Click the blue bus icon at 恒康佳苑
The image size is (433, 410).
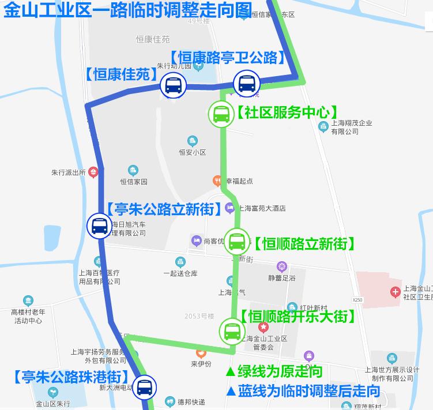coord(173,86)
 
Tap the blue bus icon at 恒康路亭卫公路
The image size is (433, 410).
coord(246,84)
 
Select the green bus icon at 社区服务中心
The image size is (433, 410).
coord(221,114)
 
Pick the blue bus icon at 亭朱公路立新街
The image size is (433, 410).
coord(99,225)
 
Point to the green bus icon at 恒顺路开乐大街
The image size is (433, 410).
coord(232,331)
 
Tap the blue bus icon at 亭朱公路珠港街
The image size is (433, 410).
coord(144,387)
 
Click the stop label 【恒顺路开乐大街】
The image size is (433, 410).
coord(297,317)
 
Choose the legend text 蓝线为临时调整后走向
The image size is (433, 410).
coord(303,391)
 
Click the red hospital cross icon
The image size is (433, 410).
coord(395,292)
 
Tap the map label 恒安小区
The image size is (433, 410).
coord(192,152)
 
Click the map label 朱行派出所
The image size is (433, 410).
coord(69,172)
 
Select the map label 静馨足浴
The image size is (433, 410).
coord(282,277)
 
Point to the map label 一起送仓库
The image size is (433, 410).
coord(180,273)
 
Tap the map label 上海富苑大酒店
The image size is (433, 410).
coord(262,208)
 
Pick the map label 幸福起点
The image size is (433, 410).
coord(239,181)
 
